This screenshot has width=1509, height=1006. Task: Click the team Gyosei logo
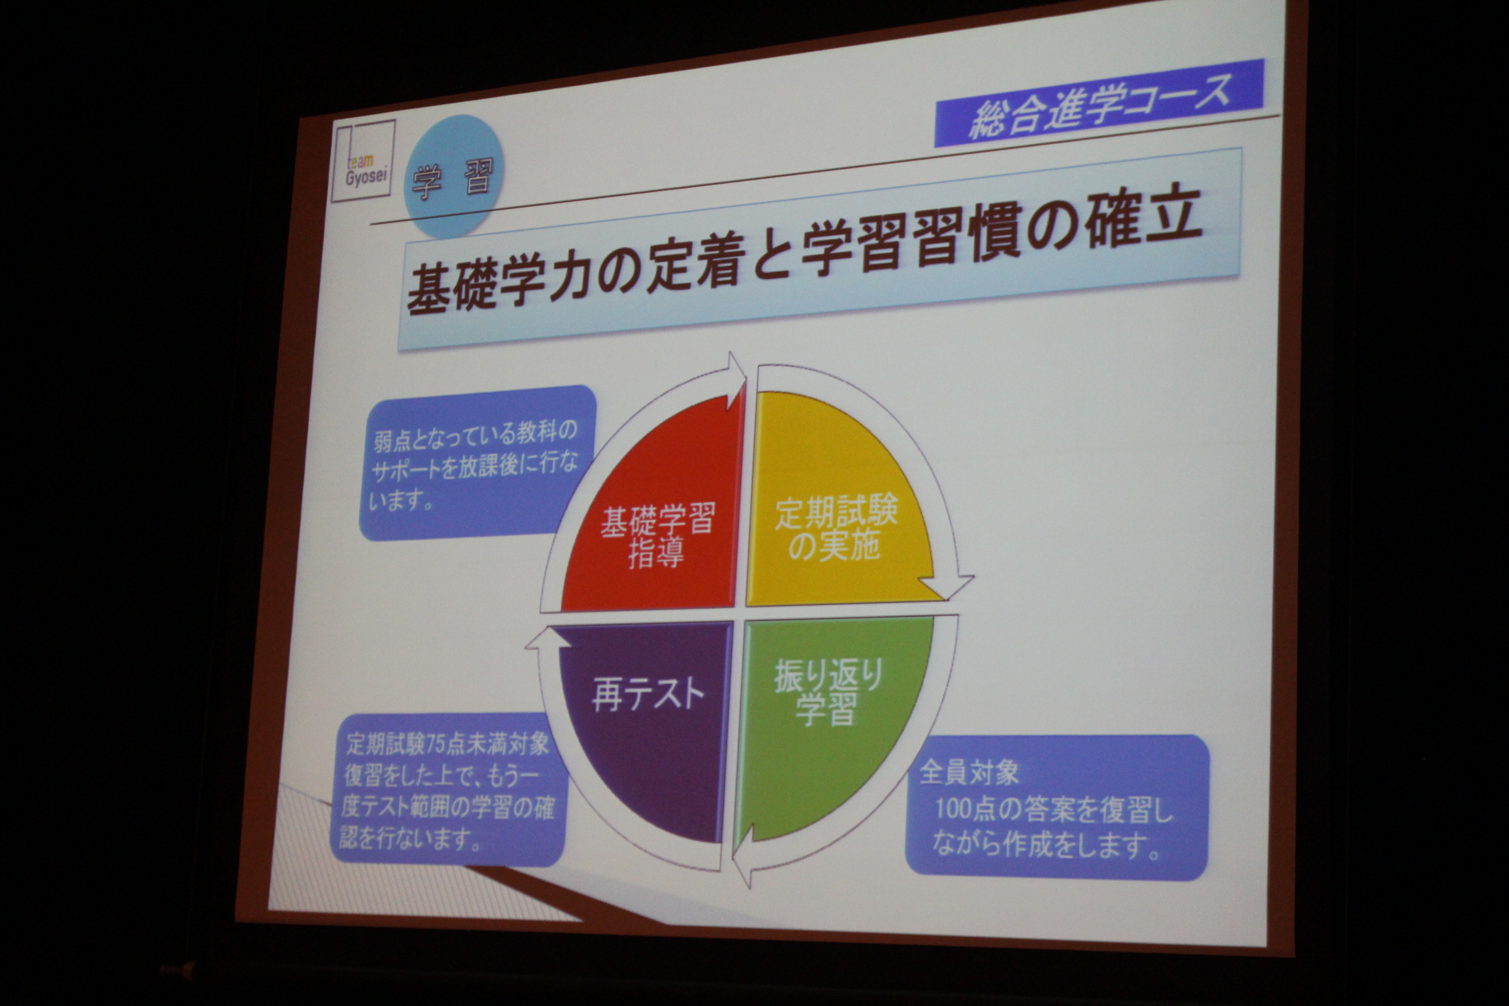click(x=363, y=161)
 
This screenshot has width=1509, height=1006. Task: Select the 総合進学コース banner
click(x=1099, y=102)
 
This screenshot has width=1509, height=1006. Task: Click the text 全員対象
click(x=969, y=773)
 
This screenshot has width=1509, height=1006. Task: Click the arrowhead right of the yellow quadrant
click(x=945, y=585)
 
